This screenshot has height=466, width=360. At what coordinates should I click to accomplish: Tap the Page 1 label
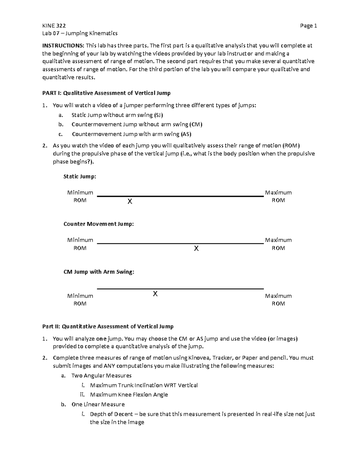(x=308, y=26)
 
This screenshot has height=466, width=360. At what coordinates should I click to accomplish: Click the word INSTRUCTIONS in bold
(x=63, y=46)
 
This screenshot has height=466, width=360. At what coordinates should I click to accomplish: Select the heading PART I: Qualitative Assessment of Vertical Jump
(x=106, y=93)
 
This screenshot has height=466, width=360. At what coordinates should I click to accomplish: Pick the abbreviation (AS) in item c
(x=186, y=134)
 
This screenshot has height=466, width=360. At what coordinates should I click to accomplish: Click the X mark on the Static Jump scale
(x=130, y=201)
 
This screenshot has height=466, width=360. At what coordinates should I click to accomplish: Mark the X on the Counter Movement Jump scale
(x=196, y=248)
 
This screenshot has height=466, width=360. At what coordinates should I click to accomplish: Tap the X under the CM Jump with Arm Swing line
(x=155, y=294)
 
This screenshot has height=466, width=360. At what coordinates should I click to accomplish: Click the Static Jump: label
(x=80, y=176)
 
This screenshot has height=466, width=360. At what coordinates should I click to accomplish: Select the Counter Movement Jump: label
(x=99, y=224)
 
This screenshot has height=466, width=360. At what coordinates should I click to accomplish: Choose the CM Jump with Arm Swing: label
(x=99, y=272)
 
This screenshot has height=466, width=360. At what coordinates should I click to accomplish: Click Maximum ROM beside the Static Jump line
(x=278, y=196)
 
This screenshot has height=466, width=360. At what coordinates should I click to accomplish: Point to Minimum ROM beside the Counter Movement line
(x=80, y=244)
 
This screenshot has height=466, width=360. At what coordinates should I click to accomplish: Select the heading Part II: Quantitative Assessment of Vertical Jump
(x=108, y=326)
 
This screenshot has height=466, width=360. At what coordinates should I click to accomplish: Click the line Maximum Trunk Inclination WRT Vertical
(x=144, y=385)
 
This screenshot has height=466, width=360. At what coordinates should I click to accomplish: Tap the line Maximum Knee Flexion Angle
(x=129, y=395)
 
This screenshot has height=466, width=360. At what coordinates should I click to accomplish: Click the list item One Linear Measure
(x=98, y=404)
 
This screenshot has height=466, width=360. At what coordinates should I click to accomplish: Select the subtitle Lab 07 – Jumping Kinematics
(x=80, y=33)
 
